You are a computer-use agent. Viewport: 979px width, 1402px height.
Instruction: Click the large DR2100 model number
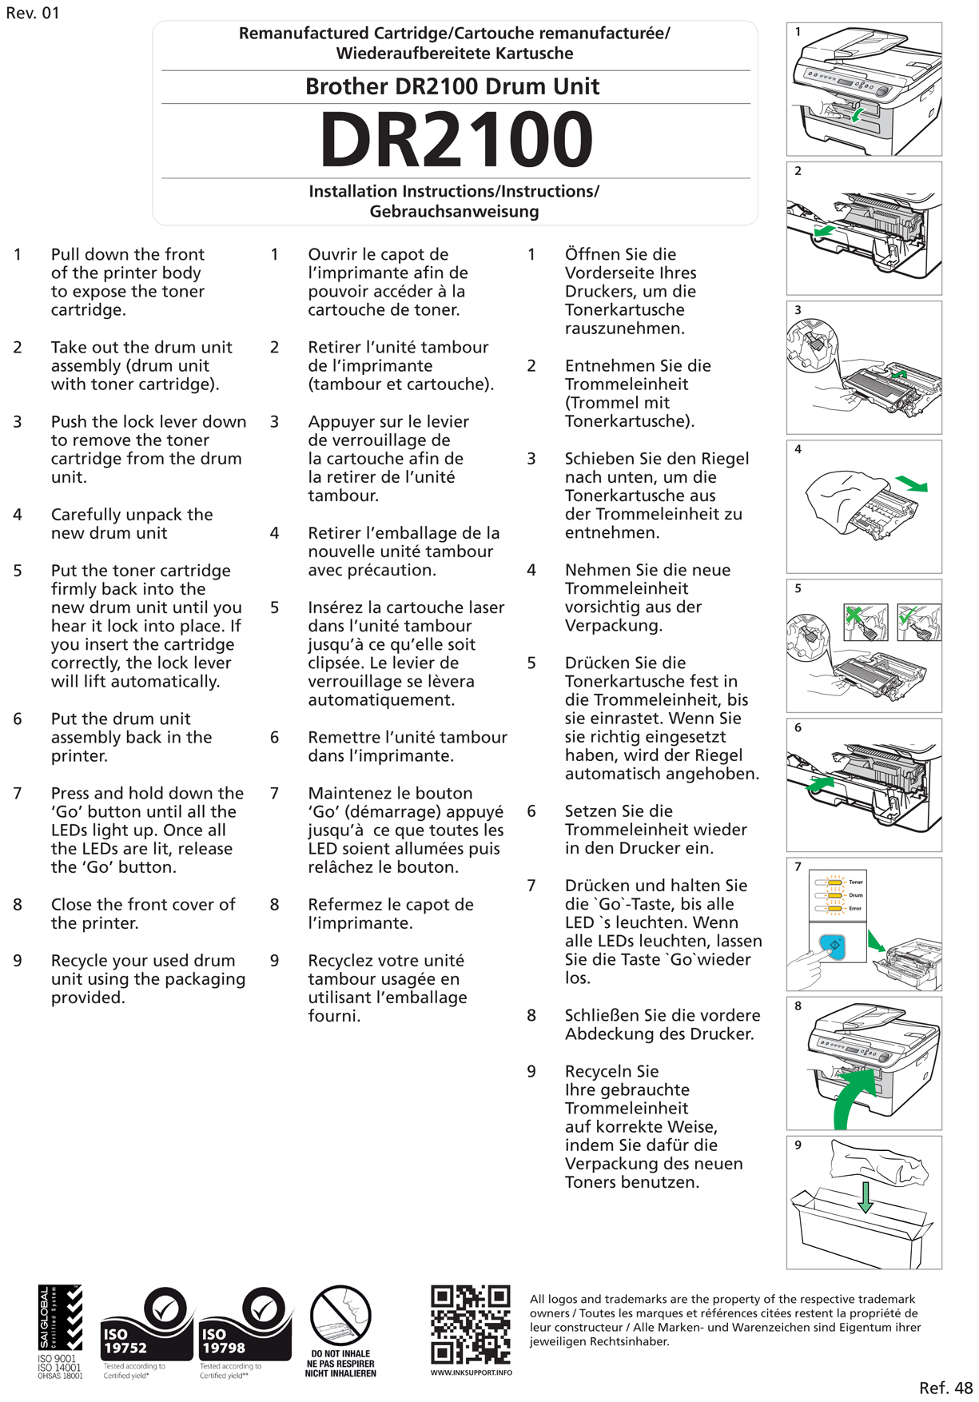click(456, 140)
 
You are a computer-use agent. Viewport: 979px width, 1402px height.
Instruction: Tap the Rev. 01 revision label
click(33, 14)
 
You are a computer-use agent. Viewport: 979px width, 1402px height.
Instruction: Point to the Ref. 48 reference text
click(945, 1388)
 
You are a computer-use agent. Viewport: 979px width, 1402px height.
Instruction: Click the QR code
click(470, 1324)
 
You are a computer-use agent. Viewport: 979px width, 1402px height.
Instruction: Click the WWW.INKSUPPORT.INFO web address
click(471, 1372)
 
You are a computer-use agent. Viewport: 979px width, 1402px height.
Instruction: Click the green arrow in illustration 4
click(911, 484)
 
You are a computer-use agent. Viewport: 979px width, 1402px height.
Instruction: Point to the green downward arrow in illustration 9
click(865, 1197)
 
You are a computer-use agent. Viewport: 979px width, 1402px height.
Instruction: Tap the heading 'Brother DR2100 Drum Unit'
click(452, 86)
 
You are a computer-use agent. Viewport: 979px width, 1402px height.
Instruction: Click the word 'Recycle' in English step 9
click(82, 961)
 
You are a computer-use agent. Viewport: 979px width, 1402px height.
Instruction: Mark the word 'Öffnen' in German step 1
click(592, 254)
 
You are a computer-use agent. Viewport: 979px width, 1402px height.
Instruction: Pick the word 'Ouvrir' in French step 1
click(333, 254)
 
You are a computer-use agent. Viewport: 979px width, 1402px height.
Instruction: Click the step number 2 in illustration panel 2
click(798, 171)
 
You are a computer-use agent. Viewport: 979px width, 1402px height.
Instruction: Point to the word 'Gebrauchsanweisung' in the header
click(454, 212)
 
